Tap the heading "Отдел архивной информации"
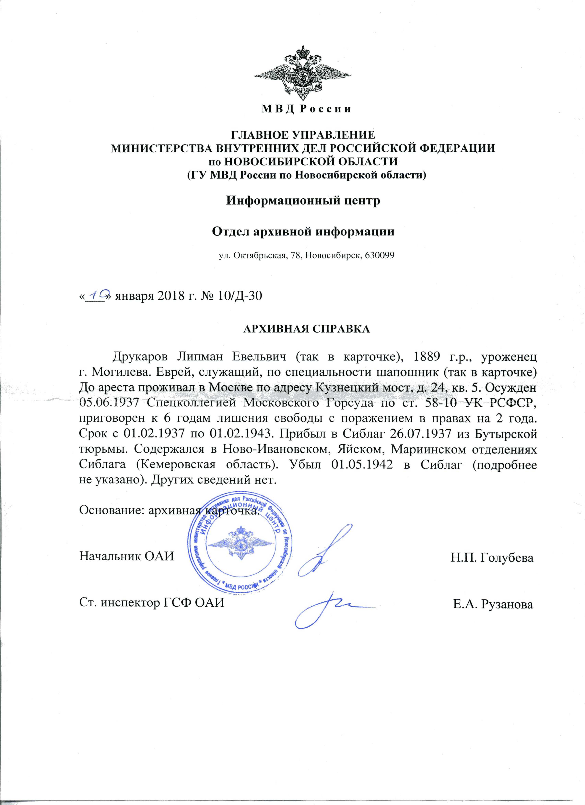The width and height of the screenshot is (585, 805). click(303, 232)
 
